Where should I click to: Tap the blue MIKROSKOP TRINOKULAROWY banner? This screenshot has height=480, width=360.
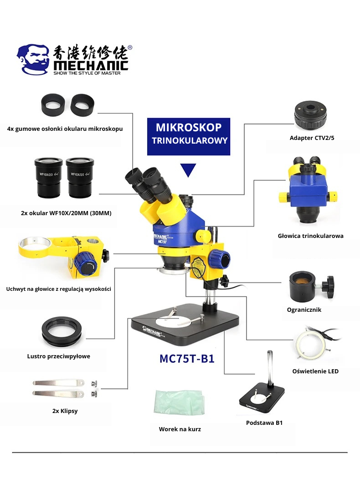click(189, 137)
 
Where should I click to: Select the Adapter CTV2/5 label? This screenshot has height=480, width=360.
click(312, 138)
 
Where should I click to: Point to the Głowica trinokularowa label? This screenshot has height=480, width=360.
click(310, 236)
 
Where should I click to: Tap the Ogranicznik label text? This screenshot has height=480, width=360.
click(304, 310)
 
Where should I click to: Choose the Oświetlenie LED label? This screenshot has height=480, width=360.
click(315, 372)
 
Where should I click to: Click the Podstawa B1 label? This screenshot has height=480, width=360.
click(264, 423)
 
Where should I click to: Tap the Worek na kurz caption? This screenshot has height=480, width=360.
click(180, 429)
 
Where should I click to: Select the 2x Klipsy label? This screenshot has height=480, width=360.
click(65, 411)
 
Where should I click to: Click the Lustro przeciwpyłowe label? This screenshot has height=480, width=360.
click(58, 356)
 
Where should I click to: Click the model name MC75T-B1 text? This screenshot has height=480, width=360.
click(187, 358)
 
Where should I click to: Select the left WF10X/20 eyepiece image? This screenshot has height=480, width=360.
click(49, 178)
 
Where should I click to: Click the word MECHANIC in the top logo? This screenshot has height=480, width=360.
click(91, 66)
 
